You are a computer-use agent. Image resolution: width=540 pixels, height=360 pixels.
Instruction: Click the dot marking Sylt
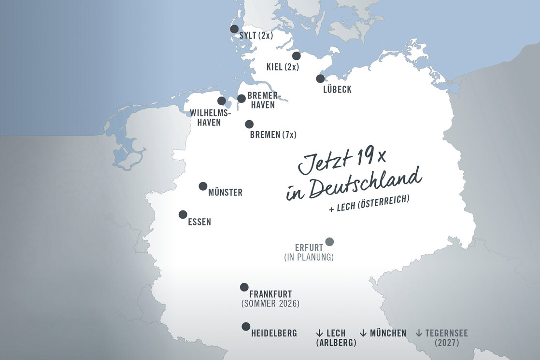(234, 29)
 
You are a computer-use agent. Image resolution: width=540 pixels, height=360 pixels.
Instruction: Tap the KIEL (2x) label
(283, 67)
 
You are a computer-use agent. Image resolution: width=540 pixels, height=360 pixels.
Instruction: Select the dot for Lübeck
(320, 79)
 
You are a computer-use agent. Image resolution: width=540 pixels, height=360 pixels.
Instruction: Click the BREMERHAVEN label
(264, 100)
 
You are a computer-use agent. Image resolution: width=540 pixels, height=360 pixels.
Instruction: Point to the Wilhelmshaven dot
(222, 101)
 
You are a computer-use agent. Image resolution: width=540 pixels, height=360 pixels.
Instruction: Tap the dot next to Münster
(203, 186)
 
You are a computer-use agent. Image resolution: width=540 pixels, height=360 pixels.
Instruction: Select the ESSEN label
(199, 222)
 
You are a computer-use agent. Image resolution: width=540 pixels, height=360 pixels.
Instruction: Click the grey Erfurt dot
(329, 242)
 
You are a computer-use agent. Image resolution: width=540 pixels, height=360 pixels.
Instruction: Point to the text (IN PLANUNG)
(309, 258)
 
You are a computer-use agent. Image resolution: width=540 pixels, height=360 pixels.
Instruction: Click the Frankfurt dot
(244, 287)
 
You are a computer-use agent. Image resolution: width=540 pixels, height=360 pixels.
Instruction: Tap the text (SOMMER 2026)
(270, 304)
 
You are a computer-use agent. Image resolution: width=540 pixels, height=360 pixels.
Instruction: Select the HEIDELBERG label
(274, 333)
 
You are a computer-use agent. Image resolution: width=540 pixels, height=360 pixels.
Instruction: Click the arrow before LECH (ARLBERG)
(319, 333)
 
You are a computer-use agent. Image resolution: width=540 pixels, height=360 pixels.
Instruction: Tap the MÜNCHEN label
(388, 333)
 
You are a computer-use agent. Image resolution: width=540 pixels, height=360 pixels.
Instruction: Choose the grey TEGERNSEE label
(446, 333)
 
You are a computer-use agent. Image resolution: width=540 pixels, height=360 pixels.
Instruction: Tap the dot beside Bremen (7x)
(249, 125)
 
